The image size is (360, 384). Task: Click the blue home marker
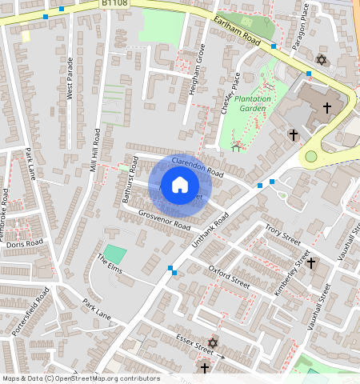pos(180,186)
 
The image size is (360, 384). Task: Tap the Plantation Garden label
pos(263,102)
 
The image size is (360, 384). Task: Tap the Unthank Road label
pos(210,232)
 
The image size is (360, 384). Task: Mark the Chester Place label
pos(236,92)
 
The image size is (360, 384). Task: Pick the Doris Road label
pos(24,243)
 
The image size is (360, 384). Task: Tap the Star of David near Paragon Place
pos(322,60)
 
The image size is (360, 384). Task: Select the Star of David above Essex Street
pos(212,342)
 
